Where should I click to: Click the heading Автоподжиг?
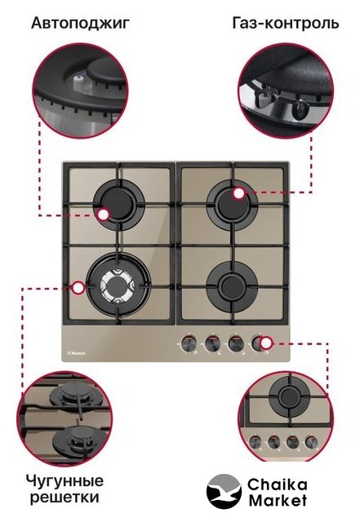click(80, 24)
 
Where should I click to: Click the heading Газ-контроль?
click(286, 23)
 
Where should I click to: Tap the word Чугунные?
click(64, 482)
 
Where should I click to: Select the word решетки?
click(64, 498)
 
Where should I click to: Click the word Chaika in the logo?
click(277, 485)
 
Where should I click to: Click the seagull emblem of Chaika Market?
click(224, 493)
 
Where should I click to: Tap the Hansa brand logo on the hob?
click(76, 353)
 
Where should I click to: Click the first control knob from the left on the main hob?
click(189, 343)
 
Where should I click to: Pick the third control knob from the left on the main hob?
click(235, 343)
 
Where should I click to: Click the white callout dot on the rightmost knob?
click(266, 343)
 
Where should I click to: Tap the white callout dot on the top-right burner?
click(238, 193)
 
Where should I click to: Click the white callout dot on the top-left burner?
click(104, 215)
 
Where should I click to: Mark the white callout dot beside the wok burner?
click(78, 288)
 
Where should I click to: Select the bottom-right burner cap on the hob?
click(232, 285)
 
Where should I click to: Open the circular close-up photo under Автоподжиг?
click(80, 91)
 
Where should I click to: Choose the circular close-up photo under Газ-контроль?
click(286, 91)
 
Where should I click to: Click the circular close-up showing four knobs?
click(286, 417)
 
